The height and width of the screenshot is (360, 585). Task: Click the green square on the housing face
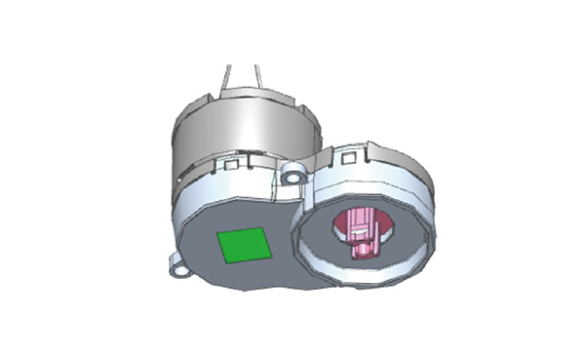[x=244, y=245]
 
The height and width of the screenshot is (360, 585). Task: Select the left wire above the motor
[x=227, y=77]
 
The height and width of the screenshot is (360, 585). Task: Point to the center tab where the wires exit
[x=248, y=94]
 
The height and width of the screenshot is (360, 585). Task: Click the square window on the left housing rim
[x=233, y=166]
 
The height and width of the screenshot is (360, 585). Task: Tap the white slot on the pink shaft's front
[x=360, y=235]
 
